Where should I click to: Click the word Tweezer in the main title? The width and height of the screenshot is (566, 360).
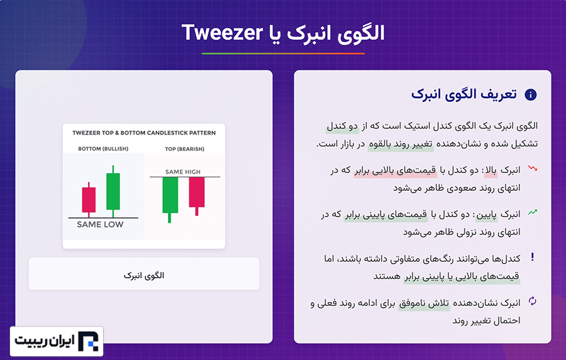(222, 33)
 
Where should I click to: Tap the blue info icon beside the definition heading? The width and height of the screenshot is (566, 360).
(530, 94)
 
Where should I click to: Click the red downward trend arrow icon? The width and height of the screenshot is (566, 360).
(533, 168)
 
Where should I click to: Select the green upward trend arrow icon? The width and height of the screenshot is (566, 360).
(533, 212)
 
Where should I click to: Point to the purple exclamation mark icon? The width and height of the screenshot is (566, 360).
(533, 257)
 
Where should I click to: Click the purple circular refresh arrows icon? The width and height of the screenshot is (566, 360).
(533, 301)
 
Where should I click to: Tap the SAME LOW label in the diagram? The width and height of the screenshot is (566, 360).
(100, 225)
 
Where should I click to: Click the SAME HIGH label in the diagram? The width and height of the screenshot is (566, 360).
(182, 172)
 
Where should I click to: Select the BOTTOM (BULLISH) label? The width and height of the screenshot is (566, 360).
(103, 149)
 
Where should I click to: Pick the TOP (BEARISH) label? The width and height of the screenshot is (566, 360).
(184, 149)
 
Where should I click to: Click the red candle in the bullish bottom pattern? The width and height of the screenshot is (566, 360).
(89, 200)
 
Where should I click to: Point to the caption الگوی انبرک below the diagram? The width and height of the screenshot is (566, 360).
(143, 276)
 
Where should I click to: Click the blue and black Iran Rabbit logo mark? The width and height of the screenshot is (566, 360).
(88, 341)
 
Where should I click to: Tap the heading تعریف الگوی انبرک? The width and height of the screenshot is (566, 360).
(464, 94)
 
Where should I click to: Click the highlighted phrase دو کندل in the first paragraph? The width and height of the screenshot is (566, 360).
(342, 126)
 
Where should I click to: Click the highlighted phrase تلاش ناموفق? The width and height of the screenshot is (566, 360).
(424, 303)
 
